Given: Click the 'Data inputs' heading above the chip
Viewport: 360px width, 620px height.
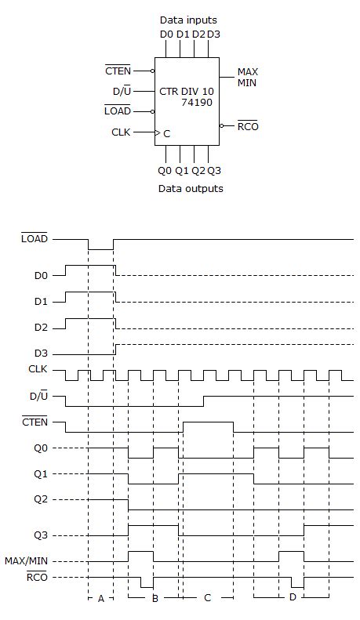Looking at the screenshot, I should pyautogui.click(x=188, y=20).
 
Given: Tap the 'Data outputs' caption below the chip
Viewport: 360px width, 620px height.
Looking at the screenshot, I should pyautogui.click(x=191, y=188).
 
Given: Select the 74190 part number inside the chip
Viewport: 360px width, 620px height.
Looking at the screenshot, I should pyautogui.click(x=196, y=102).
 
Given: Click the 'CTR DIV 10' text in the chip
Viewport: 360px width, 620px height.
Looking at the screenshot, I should pyautogui.click(x=186, y=91).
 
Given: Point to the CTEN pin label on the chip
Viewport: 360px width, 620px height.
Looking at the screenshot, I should pyautogui.click(x=118, y=71).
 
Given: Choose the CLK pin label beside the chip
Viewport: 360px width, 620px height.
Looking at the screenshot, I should pyautogui.click(x=121, y=132).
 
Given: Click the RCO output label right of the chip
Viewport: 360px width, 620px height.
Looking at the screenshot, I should pyautogui.click(x=248, y=125).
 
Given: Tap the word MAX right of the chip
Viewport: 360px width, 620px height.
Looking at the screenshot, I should pyautogui.click(x=248, y=72).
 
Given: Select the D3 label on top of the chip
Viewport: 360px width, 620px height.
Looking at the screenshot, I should pyautogui.click(x=214, y=34).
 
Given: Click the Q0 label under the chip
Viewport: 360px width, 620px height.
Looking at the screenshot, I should pyautogui.click(x=164, y=170).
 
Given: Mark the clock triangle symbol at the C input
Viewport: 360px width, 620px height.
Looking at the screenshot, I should pyautogui.click(x=158, y=133).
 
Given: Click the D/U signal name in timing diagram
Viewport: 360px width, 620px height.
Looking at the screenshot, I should pyautogui.click(x=37, y=397).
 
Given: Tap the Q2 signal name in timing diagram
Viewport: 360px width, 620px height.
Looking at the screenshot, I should pyautogui.click(x=40, y=499).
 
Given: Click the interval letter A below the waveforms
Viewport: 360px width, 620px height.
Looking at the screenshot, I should pyautogui.click(x=100, y=598).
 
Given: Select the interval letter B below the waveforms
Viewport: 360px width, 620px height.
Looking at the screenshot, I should pyautogui.click(x=155, y=598).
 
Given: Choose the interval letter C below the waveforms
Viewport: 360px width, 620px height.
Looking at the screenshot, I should pyautogui.click(x=207, y=598).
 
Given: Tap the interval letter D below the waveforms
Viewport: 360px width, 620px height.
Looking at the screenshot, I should pyautogui.click(x=292, y=598).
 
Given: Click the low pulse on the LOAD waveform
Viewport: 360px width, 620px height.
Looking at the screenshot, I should pyautogui.click(x=100, y=248).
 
